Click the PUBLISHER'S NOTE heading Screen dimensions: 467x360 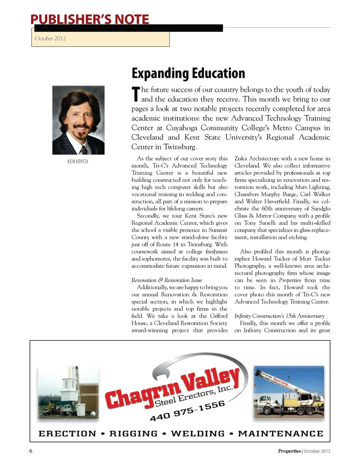[90, 19]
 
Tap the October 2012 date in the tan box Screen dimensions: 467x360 [50, 38]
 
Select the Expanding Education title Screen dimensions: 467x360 [188, 73]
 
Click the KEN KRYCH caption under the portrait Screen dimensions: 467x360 [78, 161]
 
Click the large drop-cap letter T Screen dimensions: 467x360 [136, 94]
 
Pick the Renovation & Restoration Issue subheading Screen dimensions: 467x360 [166, 280]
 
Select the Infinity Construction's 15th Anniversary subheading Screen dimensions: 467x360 [279, 316]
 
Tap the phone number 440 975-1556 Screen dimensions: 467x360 [187, 411]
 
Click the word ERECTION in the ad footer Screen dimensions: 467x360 [67, 434]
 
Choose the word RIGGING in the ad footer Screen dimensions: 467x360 [133, 434]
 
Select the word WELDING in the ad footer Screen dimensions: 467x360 [198, 434]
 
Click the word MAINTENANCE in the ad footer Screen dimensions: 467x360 [280, 434]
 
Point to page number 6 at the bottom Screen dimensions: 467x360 [31, 451]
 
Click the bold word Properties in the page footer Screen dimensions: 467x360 [289, 451]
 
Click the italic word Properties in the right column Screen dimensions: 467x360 [290, 280]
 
